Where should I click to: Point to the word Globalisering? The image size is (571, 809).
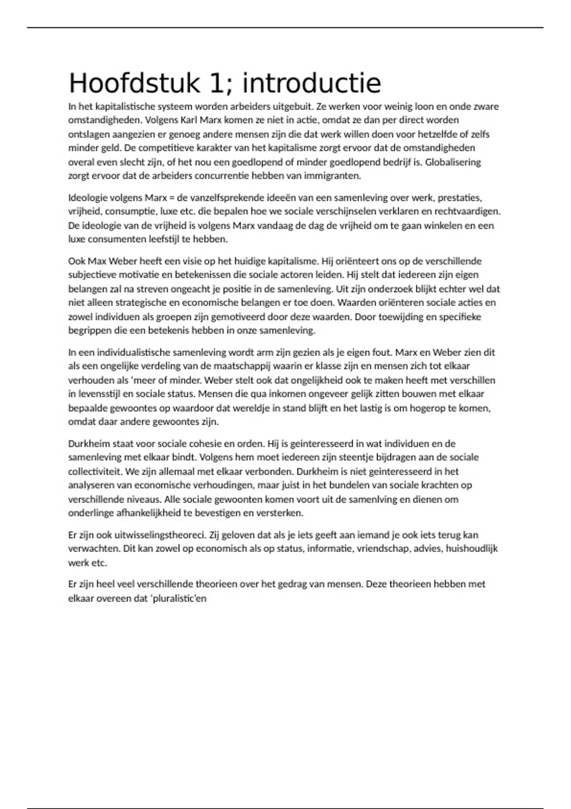coord(453,162)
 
